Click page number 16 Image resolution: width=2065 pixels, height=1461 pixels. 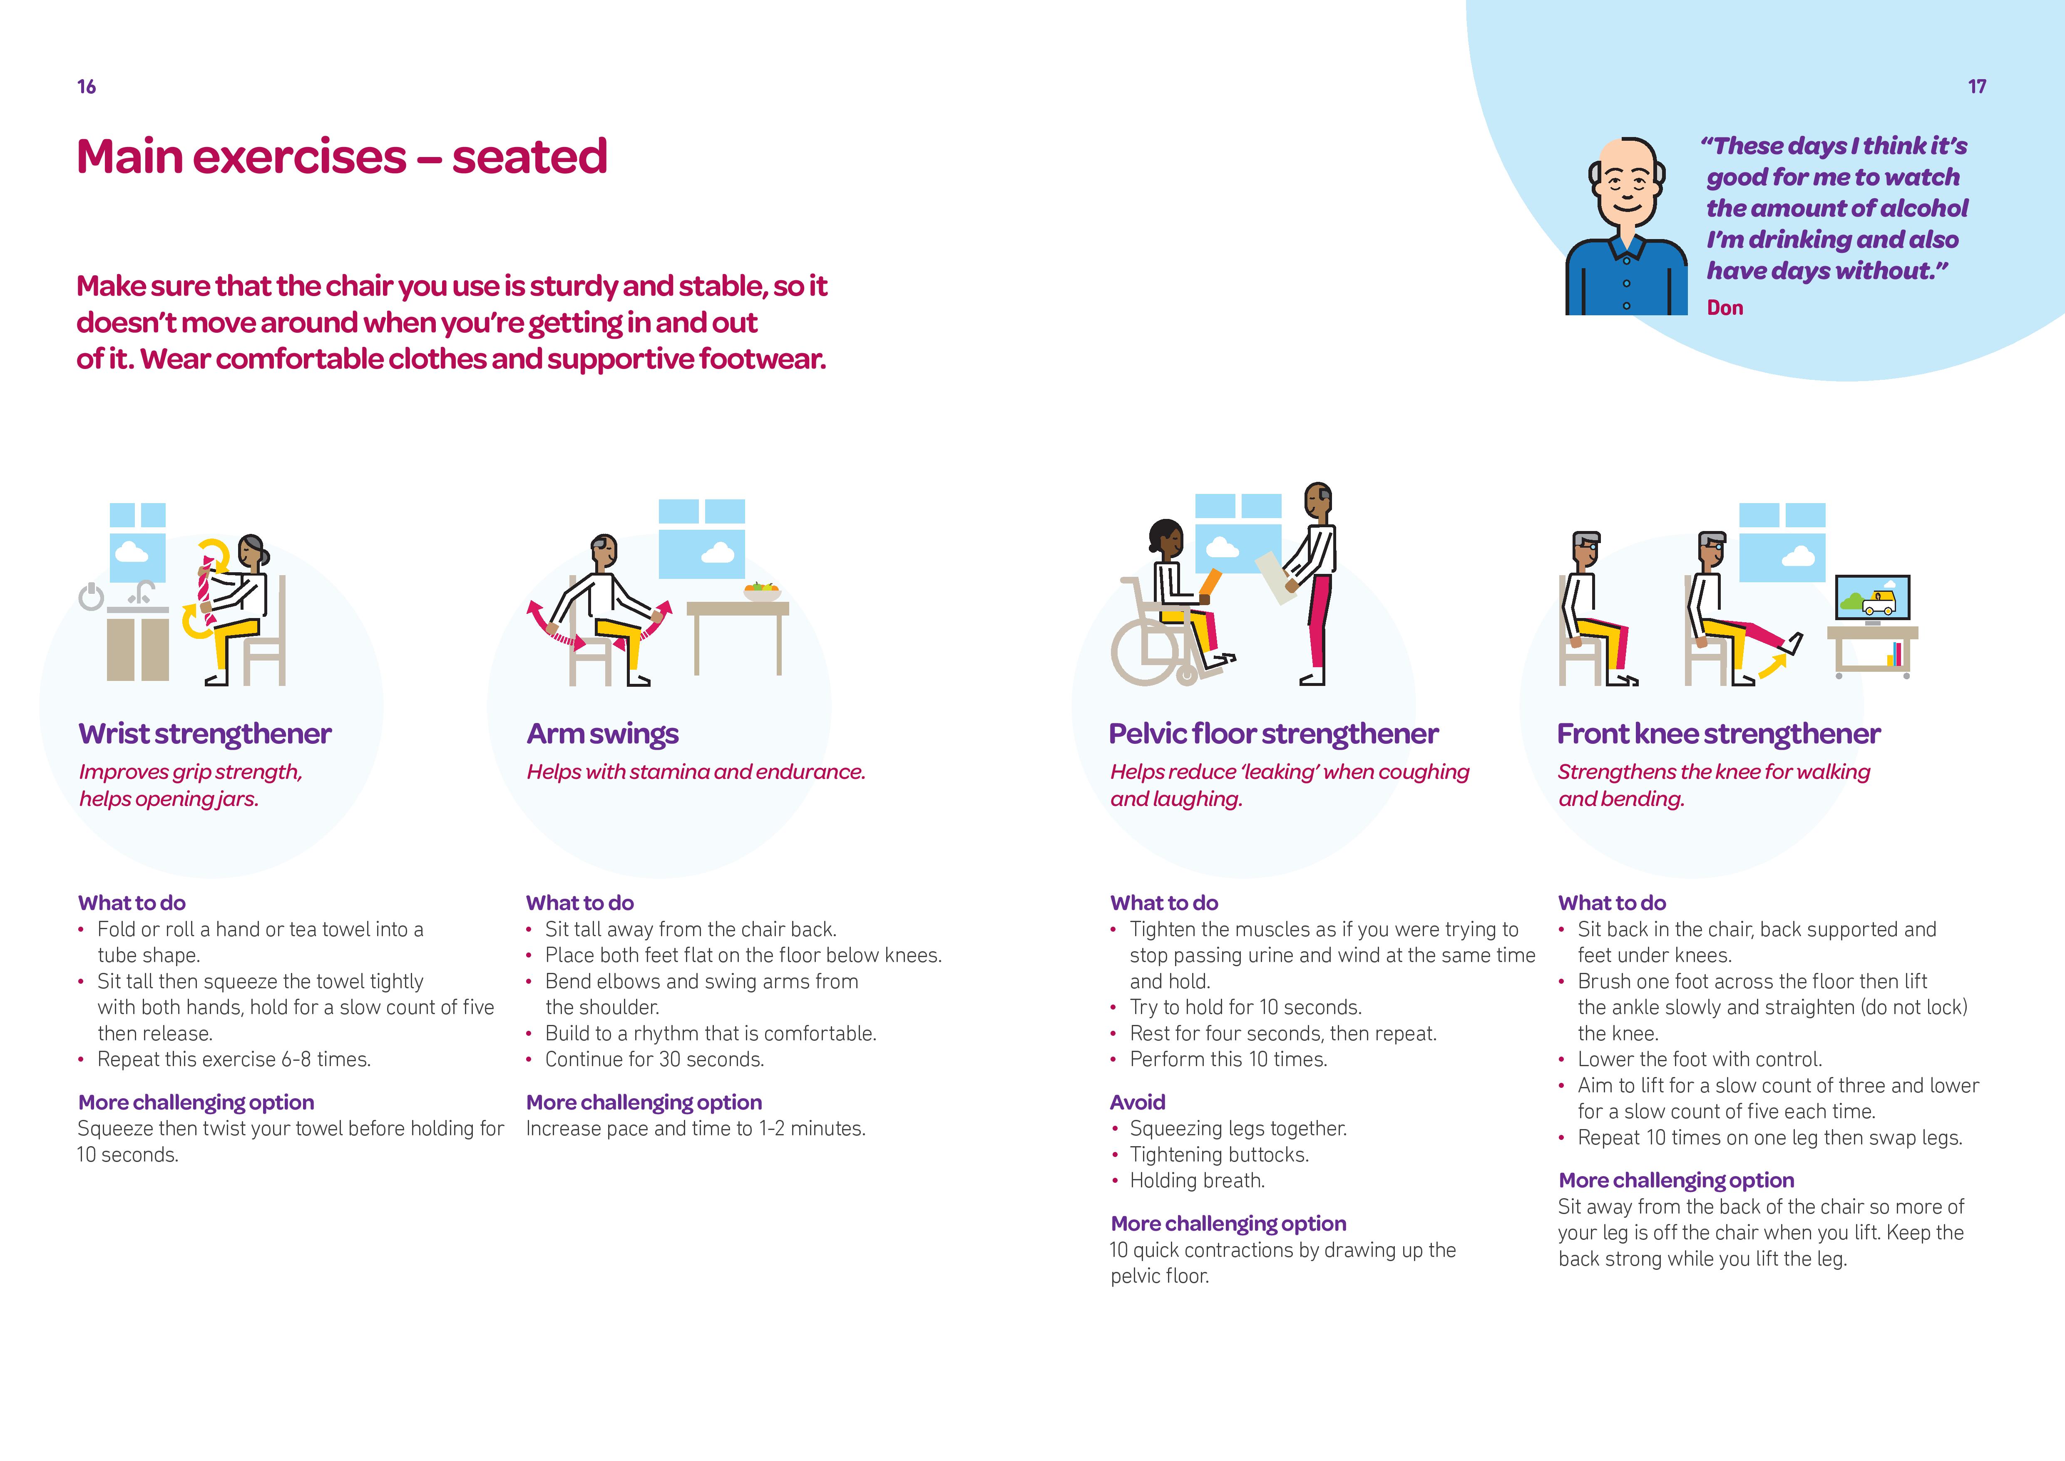86,86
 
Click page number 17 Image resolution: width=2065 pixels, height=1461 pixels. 1977,86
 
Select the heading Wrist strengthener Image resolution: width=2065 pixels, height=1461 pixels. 205,734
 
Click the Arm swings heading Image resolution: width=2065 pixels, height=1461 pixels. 603,734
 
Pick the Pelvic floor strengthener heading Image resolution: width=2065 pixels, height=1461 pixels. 1274,734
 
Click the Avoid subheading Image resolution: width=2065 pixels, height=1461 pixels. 1138,1102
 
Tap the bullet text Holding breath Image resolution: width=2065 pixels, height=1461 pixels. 1197,1180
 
